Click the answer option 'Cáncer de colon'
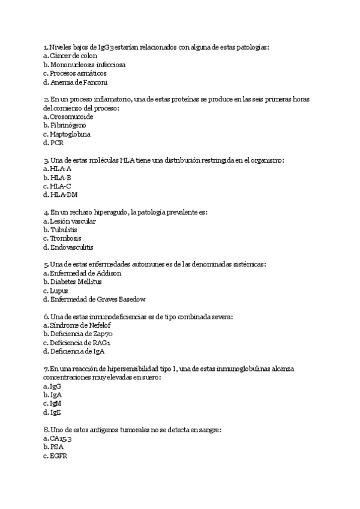click(x=73, y=55)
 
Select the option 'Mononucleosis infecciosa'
click(x=88, y=64)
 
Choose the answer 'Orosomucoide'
click(x=71, y=116)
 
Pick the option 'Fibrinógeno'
click(x=70, y=125)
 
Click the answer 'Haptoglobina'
click(x=70, y=134)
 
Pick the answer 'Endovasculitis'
click(x=71, y=247)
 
